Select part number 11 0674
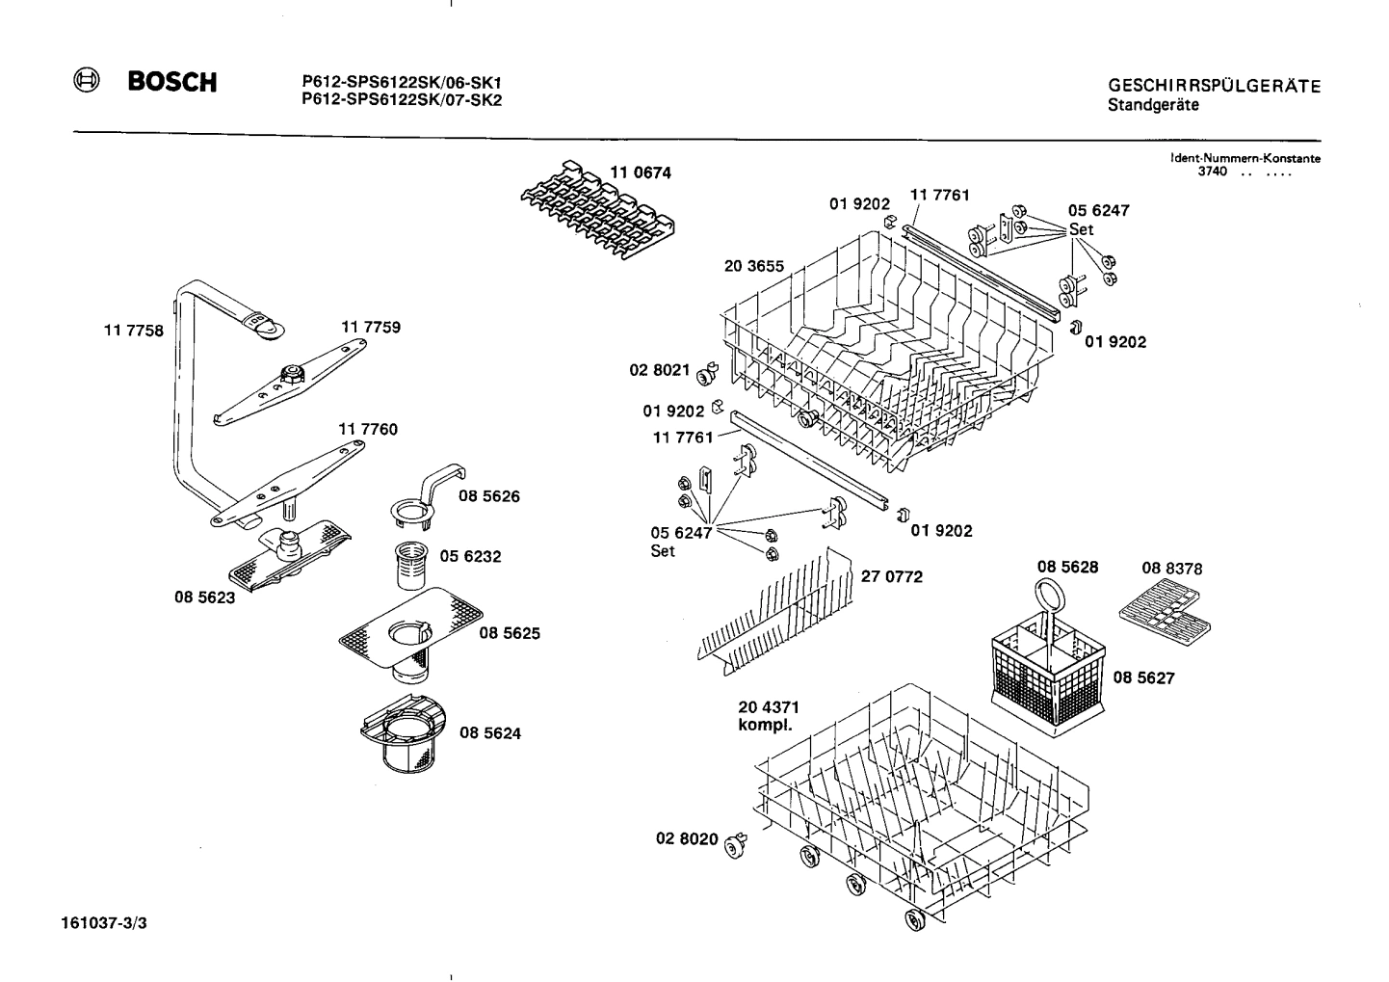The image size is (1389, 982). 640,173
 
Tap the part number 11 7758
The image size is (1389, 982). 133,331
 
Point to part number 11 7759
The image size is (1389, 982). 371,328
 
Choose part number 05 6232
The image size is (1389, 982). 470,557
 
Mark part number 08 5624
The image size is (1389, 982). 490,733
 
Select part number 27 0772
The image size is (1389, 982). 891,577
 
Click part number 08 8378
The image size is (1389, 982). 1172,570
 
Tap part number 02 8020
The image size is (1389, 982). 687,839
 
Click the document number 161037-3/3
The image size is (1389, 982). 104,923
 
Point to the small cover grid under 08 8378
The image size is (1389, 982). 1165,616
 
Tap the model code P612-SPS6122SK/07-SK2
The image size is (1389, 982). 402,99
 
